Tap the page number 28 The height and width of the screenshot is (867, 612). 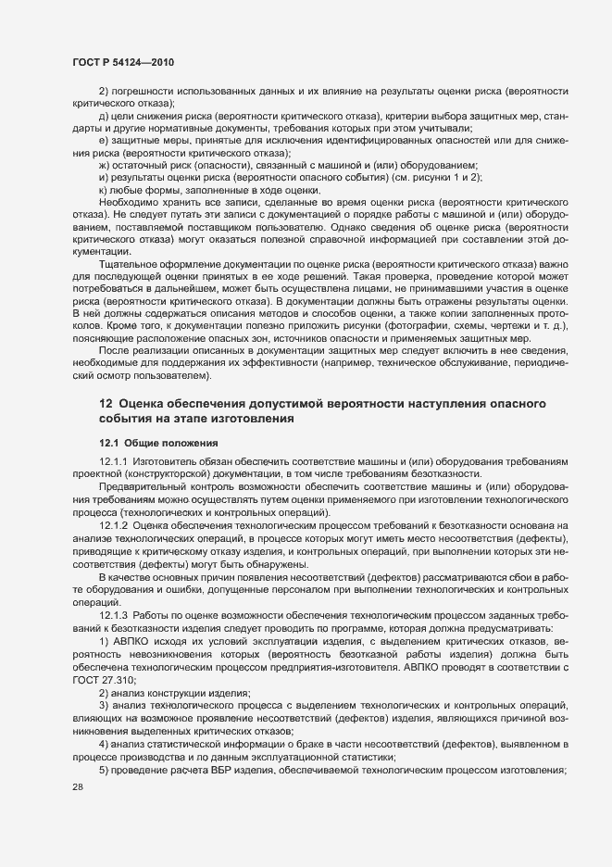tap(78, 786)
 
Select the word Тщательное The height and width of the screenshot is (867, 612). tap(129, 265)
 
